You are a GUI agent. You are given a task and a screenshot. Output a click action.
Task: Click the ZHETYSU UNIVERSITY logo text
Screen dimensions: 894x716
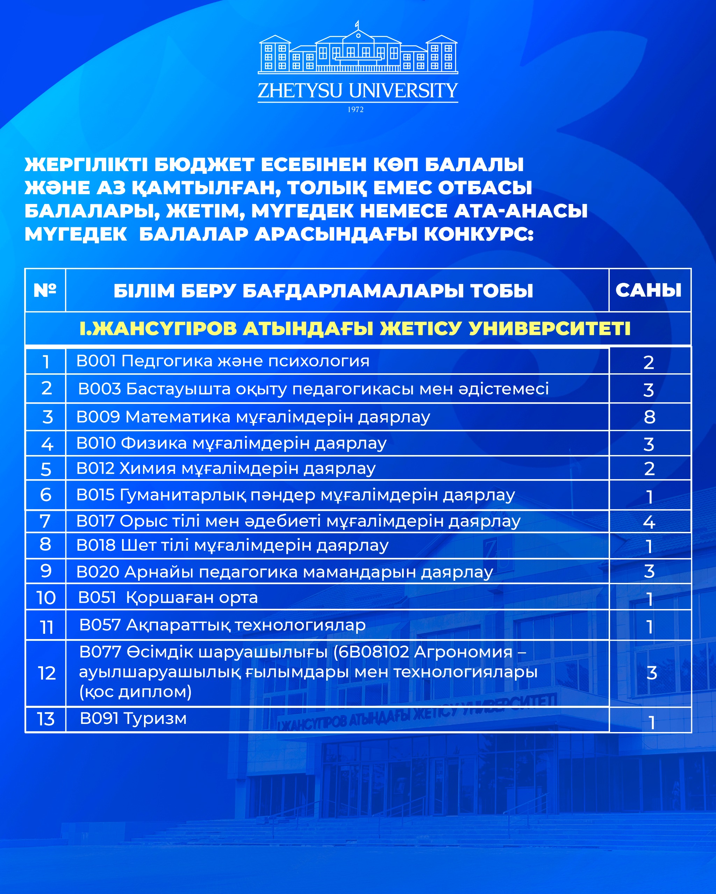tap(357, 91)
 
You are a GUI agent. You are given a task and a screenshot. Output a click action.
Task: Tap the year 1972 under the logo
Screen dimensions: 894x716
tap(355, 109)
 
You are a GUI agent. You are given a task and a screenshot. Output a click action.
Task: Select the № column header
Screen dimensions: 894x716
tap(45, 290)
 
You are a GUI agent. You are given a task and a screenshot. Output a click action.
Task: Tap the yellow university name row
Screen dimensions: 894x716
tap(355, 328)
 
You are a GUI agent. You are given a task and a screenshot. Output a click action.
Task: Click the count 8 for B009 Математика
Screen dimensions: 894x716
tap(649, 417)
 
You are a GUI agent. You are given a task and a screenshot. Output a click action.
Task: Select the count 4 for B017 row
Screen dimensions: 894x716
tap(649, 522)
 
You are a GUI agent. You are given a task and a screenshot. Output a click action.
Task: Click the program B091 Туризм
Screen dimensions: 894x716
tap(133, 719)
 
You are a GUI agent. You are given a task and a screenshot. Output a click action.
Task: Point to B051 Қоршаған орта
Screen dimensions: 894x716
tap(168, 598)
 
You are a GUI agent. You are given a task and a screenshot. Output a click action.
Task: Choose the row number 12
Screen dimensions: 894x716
tap(46, 673)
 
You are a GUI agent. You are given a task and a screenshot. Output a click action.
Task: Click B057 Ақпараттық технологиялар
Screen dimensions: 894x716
tap(222, 625)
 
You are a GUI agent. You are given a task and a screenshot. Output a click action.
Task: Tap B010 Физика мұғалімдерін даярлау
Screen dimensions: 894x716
tap(231, 443)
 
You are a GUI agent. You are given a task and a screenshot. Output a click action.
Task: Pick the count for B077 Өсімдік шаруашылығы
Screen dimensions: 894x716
tap(651, 673)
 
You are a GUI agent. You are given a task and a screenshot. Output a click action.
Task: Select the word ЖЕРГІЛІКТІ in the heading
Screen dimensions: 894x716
tap(86, 164)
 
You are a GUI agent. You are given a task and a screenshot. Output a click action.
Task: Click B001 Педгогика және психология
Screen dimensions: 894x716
tap(223, 361)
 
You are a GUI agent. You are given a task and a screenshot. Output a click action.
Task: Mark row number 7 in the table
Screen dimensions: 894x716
tap(45, 521)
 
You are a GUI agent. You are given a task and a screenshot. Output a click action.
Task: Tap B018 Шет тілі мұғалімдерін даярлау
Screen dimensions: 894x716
tap(232, 545)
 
